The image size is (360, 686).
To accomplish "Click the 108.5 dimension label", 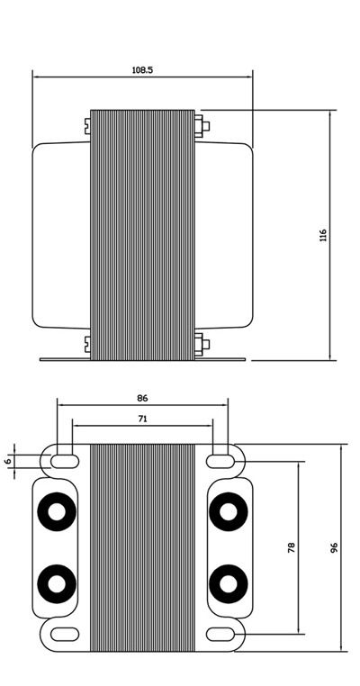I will [142, 69].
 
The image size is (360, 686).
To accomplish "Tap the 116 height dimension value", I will [322, 236].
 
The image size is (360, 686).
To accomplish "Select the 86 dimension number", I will [142, 397].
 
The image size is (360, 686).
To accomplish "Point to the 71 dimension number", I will [142, 419].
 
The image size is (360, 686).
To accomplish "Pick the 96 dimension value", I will [333, 547].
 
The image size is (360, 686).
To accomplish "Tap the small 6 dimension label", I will [8, 461].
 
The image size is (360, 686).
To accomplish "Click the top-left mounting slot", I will [63, 461].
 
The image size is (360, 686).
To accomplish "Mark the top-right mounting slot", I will [220, 461].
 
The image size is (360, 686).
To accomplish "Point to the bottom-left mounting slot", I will [63, 634].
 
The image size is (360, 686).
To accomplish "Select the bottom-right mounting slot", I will [220, 634].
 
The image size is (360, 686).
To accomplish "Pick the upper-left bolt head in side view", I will [86, 125].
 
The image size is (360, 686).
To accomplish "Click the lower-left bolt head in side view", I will [86, 343].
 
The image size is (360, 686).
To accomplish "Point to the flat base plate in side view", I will [142, 359].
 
